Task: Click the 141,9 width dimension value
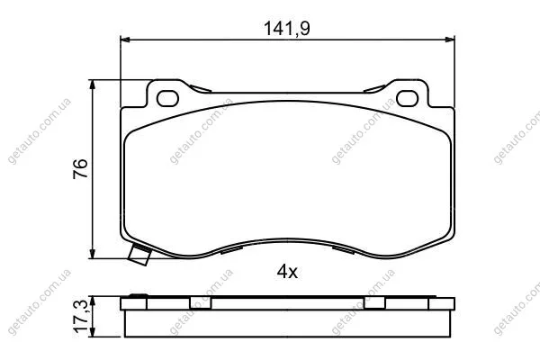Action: point(287,28)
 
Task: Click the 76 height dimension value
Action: point(81,169)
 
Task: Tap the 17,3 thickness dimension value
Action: point(81,316)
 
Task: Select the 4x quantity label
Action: point(287,272)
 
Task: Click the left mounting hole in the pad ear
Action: point(167,98)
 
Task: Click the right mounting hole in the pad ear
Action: point(408,98)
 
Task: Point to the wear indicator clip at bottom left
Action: point(139,255)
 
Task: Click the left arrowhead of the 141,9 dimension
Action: point(125,40)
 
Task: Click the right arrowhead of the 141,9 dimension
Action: point(450,40)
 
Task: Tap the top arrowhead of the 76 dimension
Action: point(92,85)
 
